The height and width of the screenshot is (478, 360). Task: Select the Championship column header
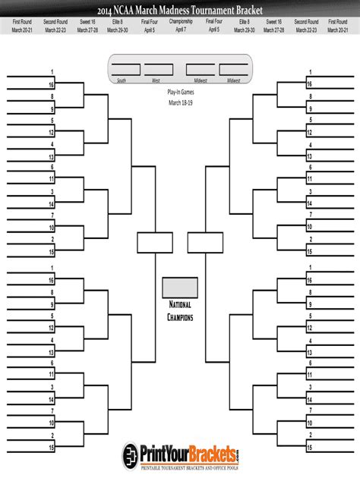180,24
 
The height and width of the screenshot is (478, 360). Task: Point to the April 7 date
180,30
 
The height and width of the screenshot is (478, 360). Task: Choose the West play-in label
156,79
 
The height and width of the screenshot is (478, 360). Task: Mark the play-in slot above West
157,70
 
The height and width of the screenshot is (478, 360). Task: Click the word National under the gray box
179,305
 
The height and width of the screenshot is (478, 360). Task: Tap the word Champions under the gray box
179,316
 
